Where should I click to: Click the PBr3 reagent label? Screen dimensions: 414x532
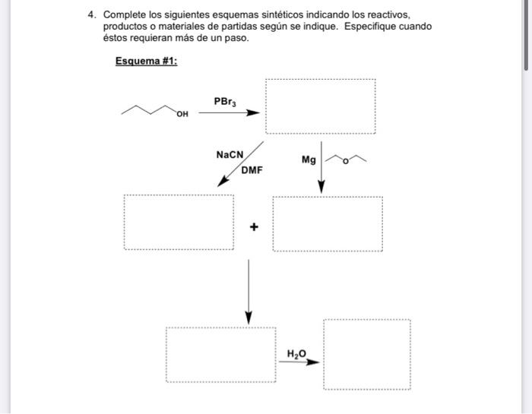[225, 101]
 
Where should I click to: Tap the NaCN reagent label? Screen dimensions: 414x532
[230, 154]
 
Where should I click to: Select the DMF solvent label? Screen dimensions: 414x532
[252, 170]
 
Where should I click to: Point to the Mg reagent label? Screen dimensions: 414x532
[308, 160]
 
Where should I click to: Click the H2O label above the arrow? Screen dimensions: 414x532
[296, 353]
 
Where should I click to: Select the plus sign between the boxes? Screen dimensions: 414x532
[254, 226]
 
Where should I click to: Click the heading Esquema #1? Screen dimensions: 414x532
[146, 61]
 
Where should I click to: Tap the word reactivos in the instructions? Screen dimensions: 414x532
[388, 14]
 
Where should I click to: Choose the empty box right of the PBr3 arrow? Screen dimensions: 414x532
[319, 106]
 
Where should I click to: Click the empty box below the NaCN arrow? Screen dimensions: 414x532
[179, 223]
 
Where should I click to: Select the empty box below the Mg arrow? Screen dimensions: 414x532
[328, 224]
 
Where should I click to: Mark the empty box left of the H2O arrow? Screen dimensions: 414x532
[221, 355]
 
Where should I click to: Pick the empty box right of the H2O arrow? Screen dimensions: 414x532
[367, 354]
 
